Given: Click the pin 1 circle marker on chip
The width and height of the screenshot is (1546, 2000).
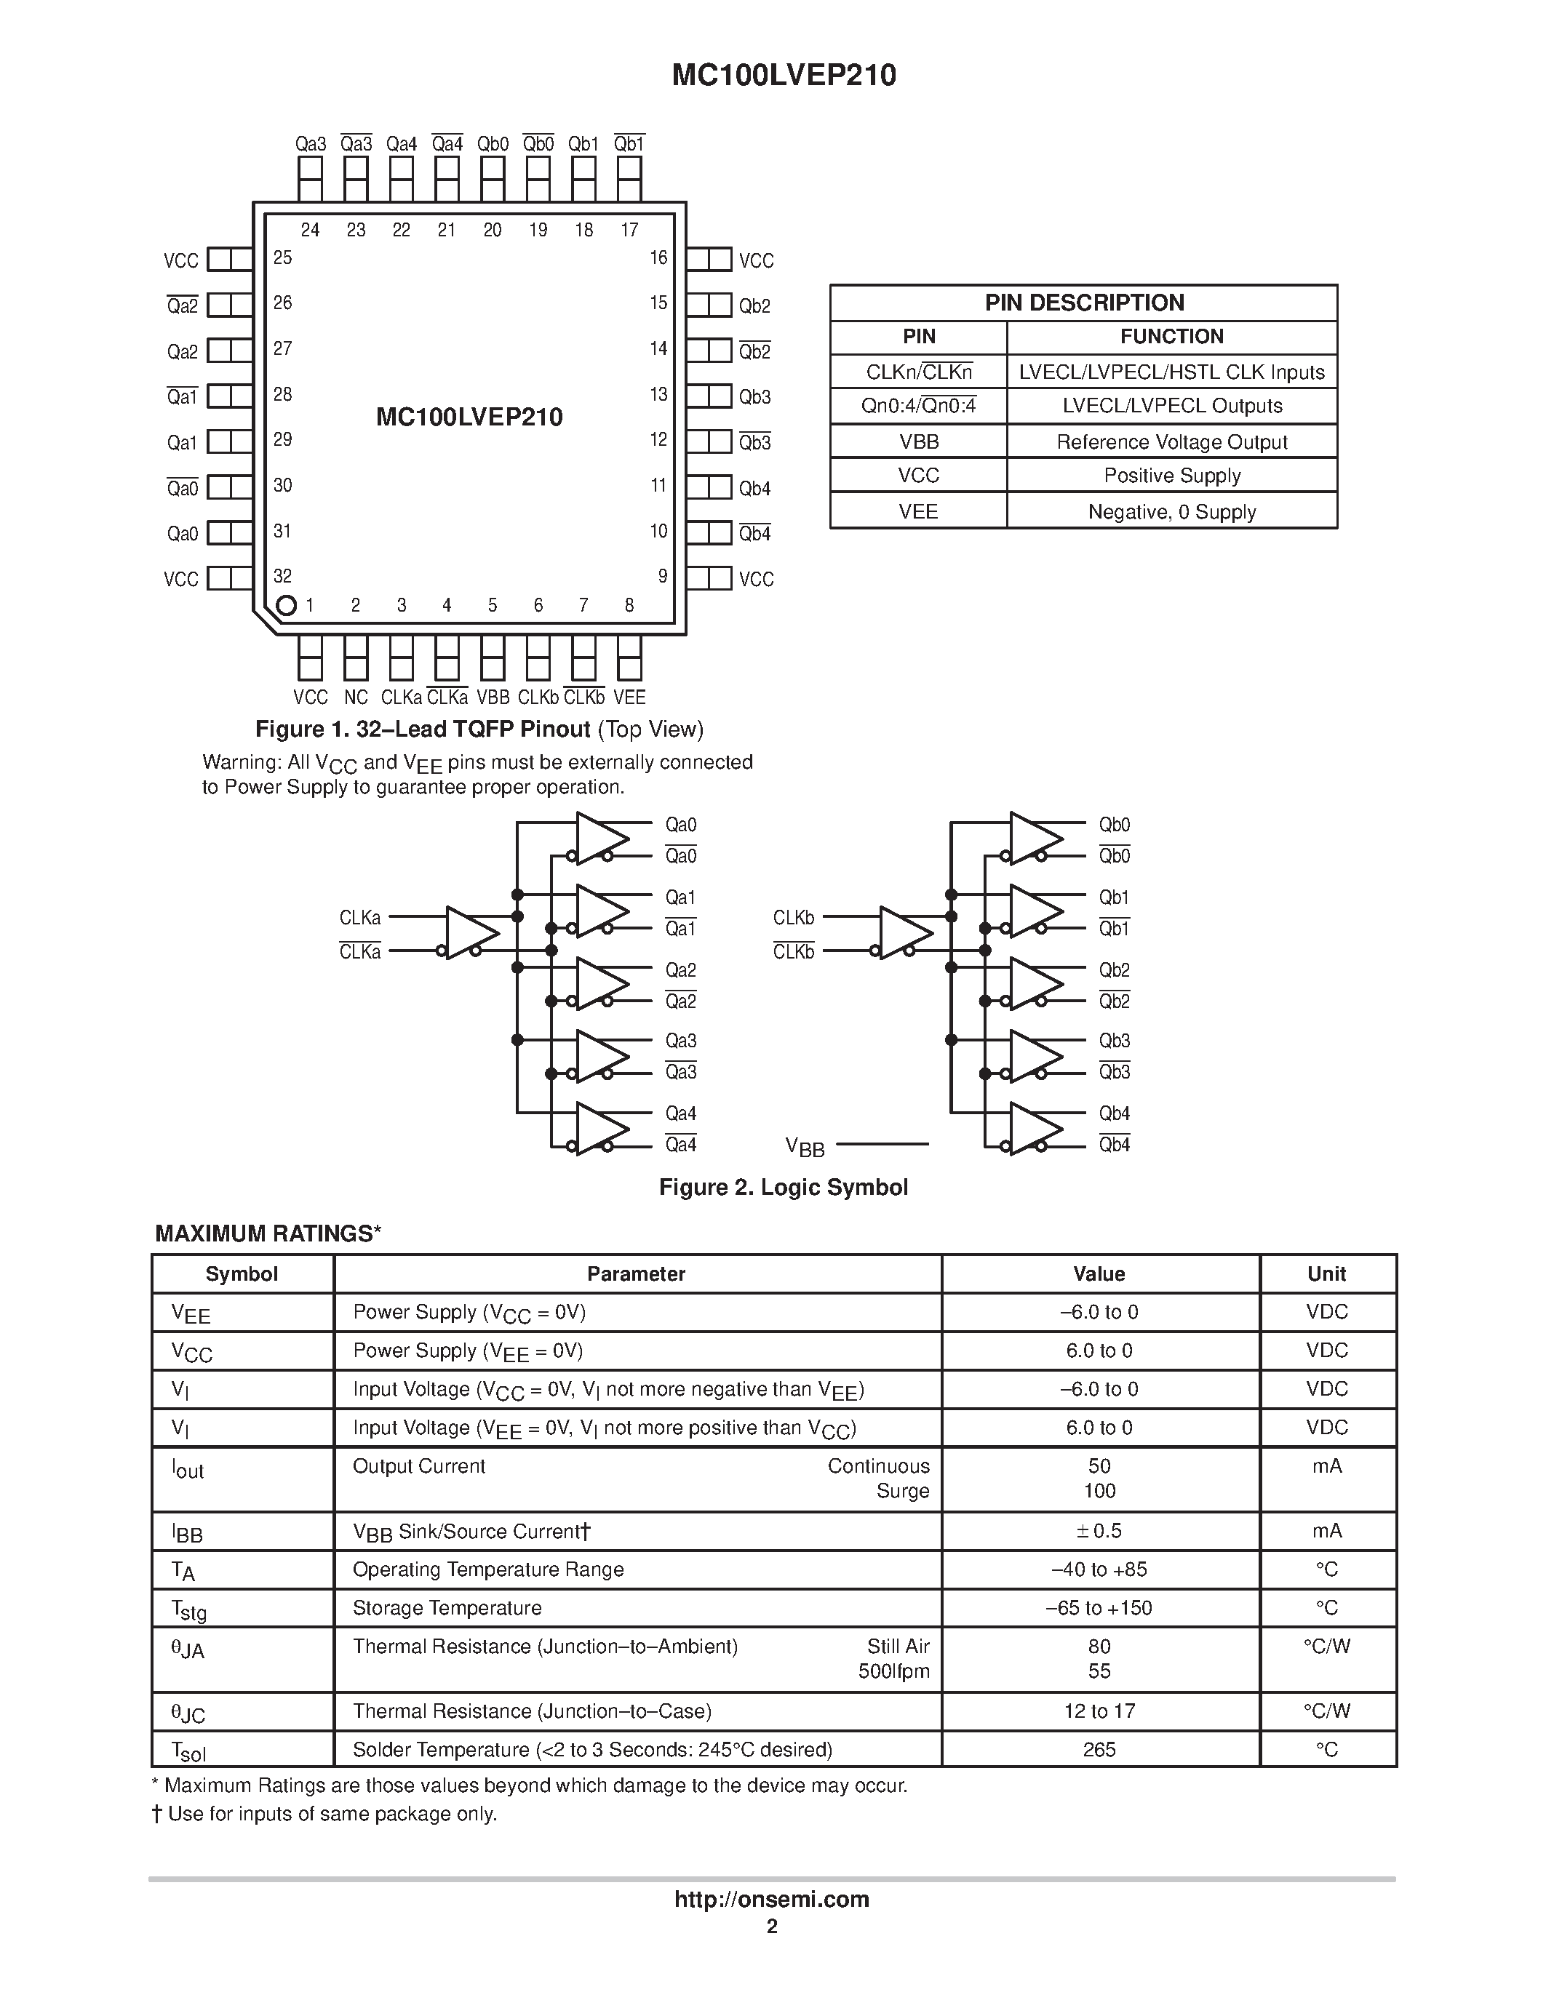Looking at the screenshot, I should click(x=286, y=605).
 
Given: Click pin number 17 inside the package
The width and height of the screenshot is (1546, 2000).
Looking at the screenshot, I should click(x=629, y=230).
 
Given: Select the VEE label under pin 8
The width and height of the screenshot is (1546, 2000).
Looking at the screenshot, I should click(x=629, y=697).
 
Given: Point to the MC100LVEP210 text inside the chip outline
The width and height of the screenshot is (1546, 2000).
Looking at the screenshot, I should click(x=469, y=417).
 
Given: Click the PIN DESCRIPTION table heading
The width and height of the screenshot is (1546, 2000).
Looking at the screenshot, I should click(x=1083, y=303).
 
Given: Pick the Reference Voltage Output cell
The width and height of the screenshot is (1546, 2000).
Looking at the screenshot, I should click(x=1171, y=442).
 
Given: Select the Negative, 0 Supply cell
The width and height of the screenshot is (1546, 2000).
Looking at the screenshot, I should click(x=1171, y=512).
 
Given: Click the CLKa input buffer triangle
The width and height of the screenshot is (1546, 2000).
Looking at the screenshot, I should click(x=470, y=933).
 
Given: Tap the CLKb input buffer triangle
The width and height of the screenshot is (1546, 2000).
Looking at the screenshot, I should click(x=903, y=933).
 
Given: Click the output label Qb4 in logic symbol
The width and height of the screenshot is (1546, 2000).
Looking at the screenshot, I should click(x=1115, y=1113).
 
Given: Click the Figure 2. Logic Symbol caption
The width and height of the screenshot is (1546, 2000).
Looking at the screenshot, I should click(x=783, y=1188).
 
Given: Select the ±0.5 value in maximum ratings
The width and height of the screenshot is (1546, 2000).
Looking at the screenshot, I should click(x=1099, y=1531).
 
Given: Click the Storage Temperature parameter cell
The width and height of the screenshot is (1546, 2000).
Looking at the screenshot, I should click(x=447, y=1608).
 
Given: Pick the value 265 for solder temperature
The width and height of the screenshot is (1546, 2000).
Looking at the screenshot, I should click(x=1099, y=1750).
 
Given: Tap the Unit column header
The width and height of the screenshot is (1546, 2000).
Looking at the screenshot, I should click(x=1326, y=1273).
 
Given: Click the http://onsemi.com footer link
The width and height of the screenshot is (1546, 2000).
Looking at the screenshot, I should click(x=771, y=1899).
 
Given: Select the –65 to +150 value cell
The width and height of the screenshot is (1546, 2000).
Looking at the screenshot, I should click(x=1099, y=1608).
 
